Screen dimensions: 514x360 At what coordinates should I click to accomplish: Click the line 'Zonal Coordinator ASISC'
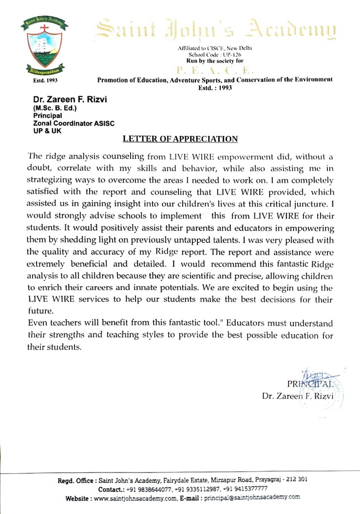[x=73, y=124]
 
